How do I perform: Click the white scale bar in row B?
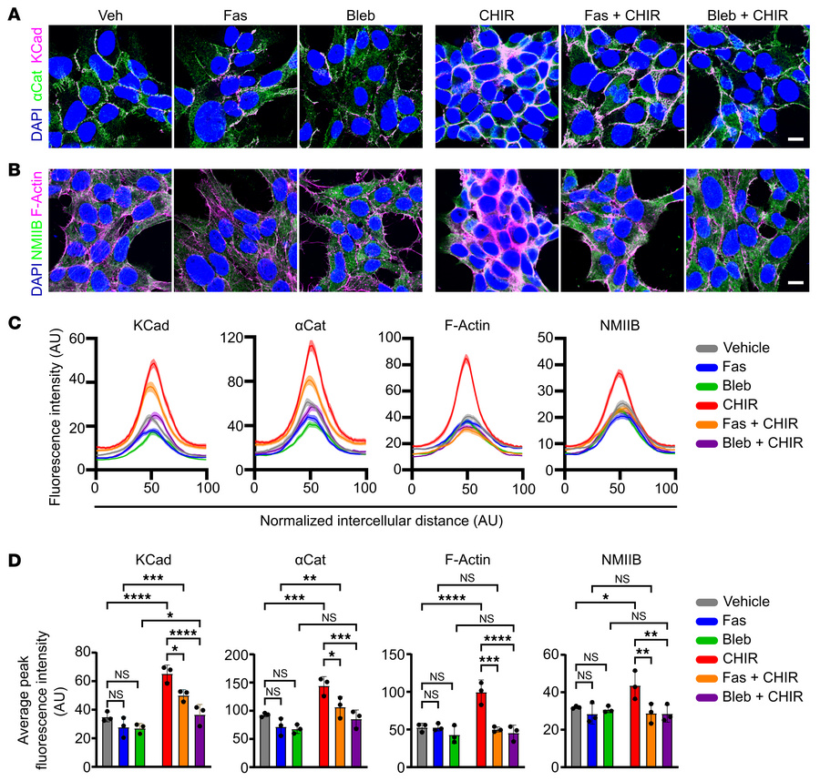coord(794,283)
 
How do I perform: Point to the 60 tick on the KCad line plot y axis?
coord(82,337)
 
